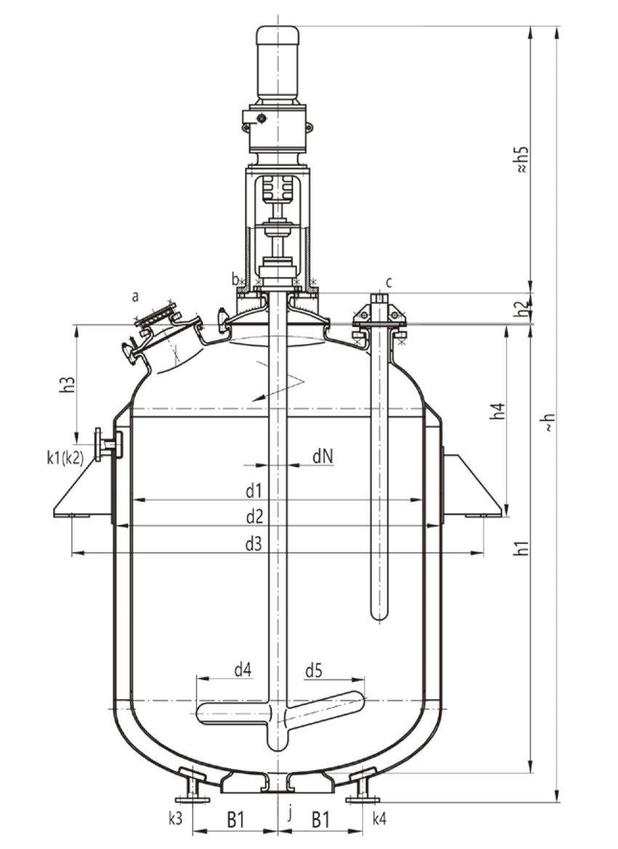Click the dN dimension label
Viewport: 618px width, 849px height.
pos(323,457)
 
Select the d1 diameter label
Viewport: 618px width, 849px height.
pos(254,491)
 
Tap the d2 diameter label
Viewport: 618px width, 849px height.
pos(254,517)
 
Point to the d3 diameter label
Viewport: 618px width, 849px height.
pos(254,544)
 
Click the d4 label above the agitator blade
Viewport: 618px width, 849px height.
pos(242,670)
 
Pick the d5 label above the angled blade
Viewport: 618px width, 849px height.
pos(313,671)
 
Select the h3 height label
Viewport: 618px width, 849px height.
pos(68,384)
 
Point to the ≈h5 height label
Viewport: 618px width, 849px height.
pos(521,160)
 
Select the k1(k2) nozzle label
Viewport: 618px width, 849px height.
pos(65,457)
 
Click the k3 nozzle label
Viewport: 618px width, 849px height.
pos(175,819)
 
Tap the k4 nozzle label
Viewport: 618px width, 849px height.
pos(379,819)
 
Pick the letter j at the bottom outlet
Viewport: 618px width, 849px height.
pos(290,814)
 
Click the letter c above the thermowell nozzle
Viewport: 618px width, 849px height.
pos(390,282)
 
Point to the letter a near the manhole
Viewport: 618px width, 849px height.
pos(135,296)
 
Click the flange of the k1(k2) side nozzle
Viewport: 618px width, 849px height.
pos(98,445)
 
